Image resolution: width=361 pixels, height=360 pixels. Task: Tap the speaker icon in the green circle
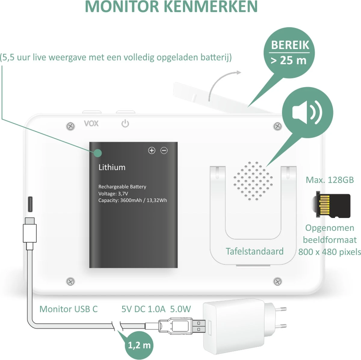coord(307,113)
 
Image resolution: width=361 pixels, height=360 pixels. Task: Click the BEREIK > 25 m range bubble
coord(289,53)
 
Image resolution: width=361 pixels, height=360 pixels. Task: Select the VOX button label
coord(91,123)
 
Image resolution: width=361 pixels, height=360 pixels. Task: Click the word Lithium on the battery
coord(112,167)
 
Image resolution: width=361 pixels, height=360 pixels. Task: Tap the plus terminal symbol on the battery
coord(152,150)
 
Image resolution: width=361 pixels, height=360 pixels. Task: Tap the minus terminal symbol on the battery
coord(164,150)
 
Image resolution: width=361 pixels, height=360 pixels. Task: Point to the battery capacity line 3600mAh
coord(132,200)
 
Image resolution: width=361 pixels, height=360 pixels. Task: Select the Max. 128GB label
coord(329,180)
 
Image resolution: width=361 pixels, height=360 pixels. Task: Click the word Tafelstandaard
coord(255,251)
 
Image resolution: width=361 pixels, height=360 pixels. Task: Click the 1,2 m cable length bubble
coord(139,345)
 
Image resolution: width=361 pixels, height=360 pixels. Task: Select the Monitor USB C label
coord(69,309)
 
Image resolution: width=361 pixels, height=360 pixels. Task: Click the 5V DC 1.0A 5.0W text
coord(156,309)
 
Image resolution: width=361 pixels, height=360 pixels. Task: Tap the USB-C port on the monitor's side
coord(31,205)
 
